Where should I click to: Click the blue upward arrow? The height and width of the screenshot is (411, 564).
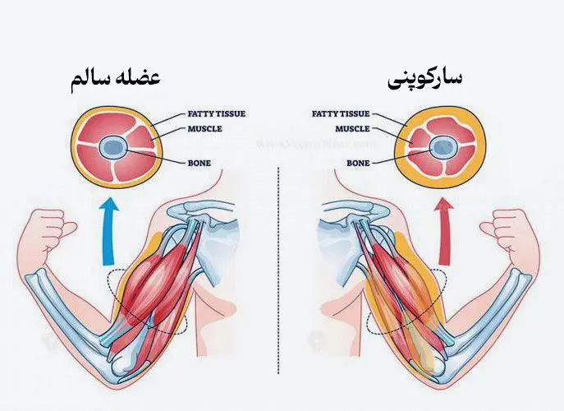109,233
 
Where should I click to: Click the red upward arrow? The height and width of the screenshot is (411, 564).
445,233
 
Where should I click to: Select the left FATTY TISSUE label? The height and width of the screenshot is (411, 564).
217,113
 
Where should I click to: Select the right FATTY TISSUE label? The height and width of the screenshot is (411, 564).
341,113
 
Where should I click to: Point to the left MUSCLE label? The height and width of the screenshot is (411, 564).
204,129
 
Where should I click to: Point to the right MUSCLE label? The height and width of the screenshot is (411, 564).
352,129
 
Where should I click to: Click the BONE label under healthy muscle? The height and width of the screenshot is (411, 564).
199,164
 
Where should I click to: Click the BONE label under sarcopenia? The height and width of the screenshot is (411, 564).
358,164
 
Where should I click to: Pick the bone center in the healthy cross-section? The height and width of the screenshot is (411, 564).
113,147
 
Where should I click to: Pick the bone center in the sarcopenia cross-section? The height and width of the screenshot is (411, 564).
440,147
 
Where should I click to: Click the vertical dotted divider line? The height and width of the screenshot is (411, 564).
279,270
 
